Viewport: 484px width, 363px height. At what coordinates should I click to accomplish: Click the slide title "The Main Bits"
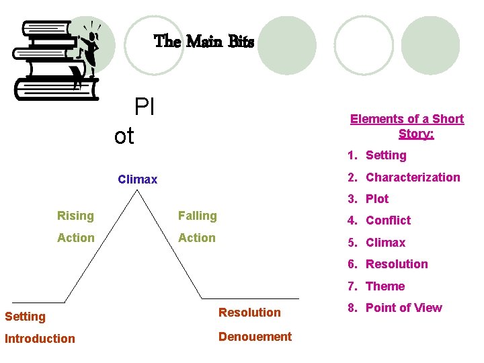pyautogui.click(x=204, y=42)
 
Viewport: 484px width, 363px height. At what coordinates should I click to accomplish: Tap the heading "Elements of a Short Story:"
pyautogui.click(x=407, y=126)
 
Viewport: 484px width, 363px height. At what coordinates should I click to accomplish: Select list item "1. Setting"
pyautogui.click(x=377, y=155)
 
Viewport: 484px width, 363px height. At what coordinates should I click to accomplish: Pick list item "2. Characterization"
pyautogui.click(x=403, y=177)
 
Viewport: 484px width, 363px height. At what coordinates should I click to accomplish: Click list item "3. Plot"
pyautogui.click(x=368, y=199)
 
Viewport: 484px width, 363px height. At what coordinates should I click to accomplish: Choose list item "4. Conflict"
pyautogui.click(x=379, y=220)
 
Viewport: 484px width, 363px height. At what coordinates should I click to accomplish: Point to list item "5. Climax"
pyautogui.click(x=376, y=243)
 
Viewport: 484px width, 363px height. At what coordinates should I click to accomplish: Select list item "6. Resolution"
pyautogui.click(x=388, y=264)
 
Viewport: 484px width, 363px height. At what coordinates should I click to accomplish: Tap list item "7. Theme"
pyautogui.click(x=376, y=286)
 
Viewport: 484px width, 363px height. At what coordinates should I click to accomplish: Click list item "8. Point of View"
pyautogui.click(x=395, y=308)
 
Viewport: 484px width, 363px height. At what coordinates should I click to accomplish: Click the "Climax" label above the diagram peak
pyautogui.click(x=137, y=179)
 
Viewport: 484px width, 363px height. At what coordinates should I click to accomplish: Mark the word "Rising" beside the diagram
pyautogui.click(x=75, y=216)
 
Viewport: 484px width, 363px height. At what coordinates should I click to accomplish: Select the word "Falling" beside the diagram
pyautogui.click(x=197, y=216)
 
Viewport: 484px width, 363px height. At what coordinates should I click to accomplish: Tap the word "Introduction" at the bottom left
pyautogui.click(x=40, y=339)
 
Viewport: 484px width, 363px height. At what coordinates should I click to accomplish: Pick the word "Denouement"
pyautogui.click(x=255, y=337)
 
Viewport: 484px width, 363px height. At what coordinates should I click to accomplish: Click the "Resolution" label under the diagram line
pyautogui.click(x=249, y=313)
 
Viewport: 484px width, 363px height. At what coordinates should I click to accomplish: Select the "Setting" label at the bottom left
pyautogui.click(x=25, y=317)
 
